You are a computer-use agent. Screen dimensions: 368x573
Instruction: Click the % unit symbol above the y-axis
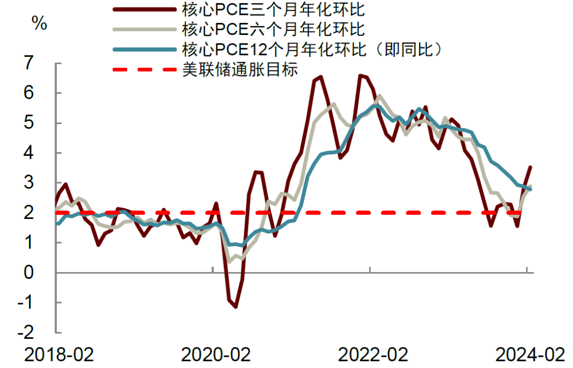pyautogui.click(x=39, y=23)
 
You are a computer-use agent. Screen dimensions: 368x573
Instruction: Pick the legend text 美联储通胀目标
pyautogui.click(x=240, y=69)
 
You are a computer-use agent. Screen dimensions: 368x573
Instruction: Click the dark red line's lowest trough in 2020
pyautogui.click(x=235, y=307)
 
